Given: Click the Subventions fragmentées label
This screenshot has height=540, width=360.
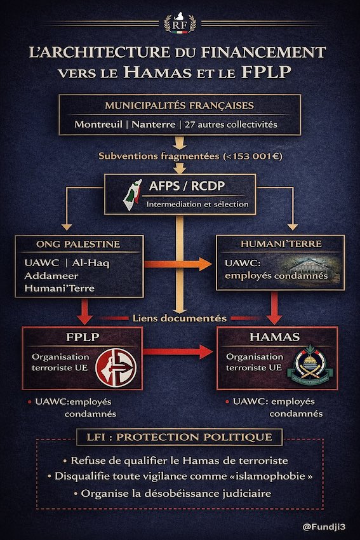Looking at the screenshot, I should [180, 156].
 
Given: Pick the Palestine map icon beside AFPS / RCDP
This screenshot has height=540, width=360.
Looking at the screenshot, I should [135, 194].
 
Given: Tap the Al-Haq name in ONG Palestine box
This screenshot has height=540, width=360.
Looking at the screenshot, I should [90, 263].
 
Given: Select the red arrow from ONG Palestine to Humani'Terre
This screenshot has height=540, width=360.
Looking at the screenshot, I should [180, 263].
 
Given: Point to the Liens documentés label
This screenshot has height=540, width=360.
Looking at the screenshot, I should [180, 318].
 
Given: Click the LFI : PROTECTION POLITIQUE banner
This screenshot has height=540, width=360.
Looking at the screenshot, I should [180, 438].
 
